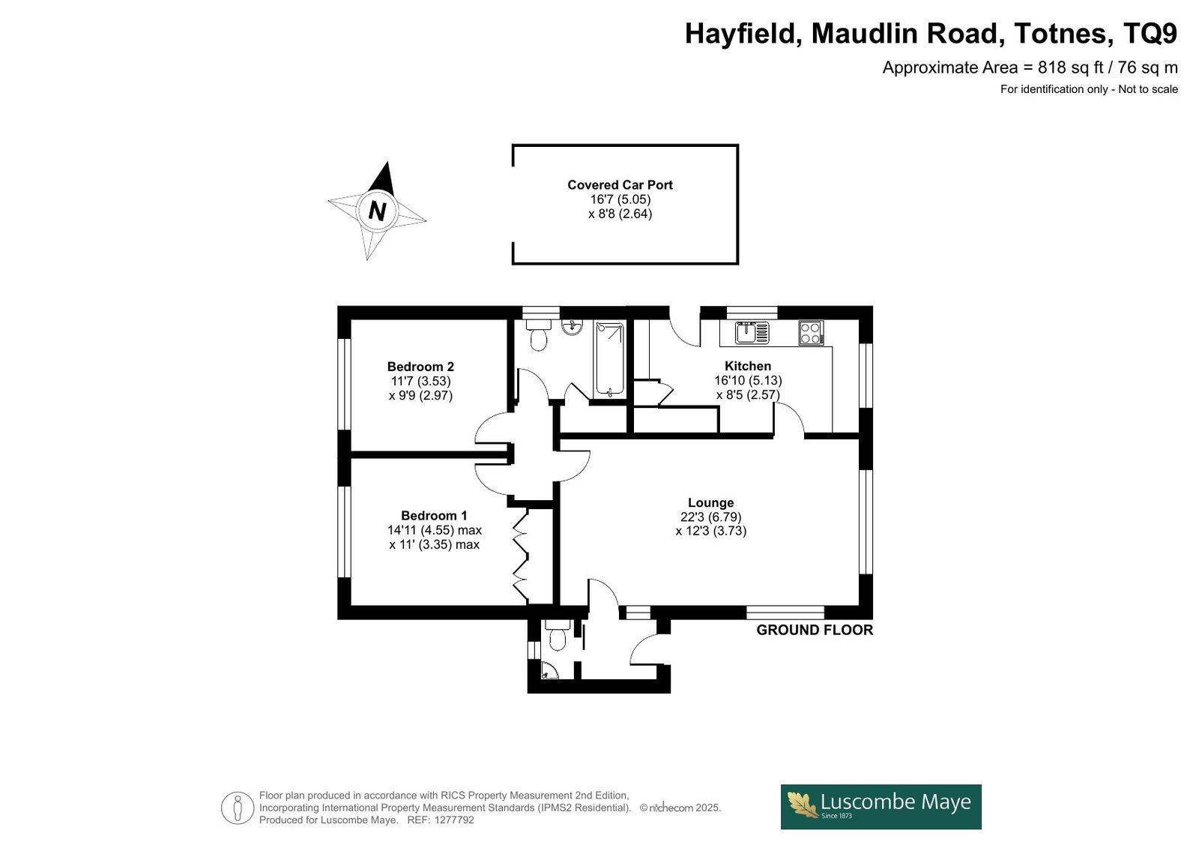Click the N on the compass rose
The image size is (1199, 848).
coord(378,211)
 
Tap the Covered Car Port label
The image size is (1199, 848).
coord(620,184)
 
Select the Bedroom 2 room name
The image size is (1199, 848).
coord(420,367)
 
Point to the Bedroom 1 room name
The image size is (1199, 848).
coord(434,515)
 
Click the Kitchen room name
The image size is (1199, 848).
coord(748,366)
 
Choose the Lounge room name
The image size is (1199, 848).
coord(711,502)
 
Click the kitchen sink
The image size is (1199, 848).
coord(752,332)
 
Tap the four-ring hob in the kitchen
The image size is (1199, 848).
coord(811,333)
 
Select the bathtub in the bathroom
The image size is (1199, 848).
coord(610,359)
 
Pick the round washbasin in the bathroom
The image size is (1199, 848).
coord(573,327)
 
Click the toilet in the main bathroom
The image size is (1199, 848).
coord(538,335)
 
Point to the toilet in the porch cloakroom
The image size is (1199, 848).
coord(558,635)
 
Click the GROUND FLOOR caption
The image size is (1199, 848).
coord(814,630)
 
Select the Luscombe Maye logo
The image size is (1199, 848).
coord(881,807)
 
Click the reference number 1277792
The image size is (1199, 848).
coord(454,820)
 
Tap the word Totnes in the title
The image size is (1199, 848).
coord(1060,33)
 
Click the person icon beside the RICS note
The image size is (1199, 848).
coord(237,808)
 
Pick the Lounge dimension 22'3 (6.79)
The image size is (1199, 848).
coord(711,517)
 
